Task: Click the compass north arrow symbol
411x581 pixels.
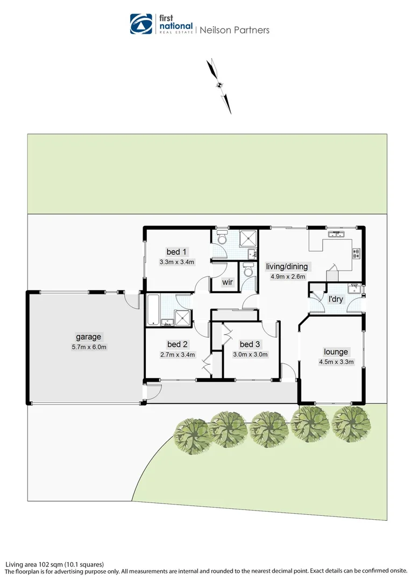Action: (x=219, y=85)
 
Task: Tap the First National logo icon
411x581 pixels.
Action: (x=141, y=24)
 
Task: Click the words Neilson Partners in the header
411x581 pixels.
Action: (x=235, y=30)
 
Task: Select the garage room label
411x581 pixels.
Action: (x=88, y=337)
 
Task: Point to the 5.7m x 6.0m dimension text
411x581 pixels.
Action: (x=88, y=346)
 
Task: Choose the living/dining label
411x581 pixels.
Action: (x=287, y=266)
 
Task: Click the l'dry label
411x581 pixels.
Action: (x=335, y=299)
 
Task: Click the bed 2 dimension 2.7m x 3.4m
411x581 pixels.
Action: (x=177, y=354)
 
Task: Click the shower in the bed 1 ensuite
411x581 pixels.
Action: (x=247, y=237)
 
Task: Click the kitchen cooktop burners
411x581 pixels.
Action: (x=356, y=253)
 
